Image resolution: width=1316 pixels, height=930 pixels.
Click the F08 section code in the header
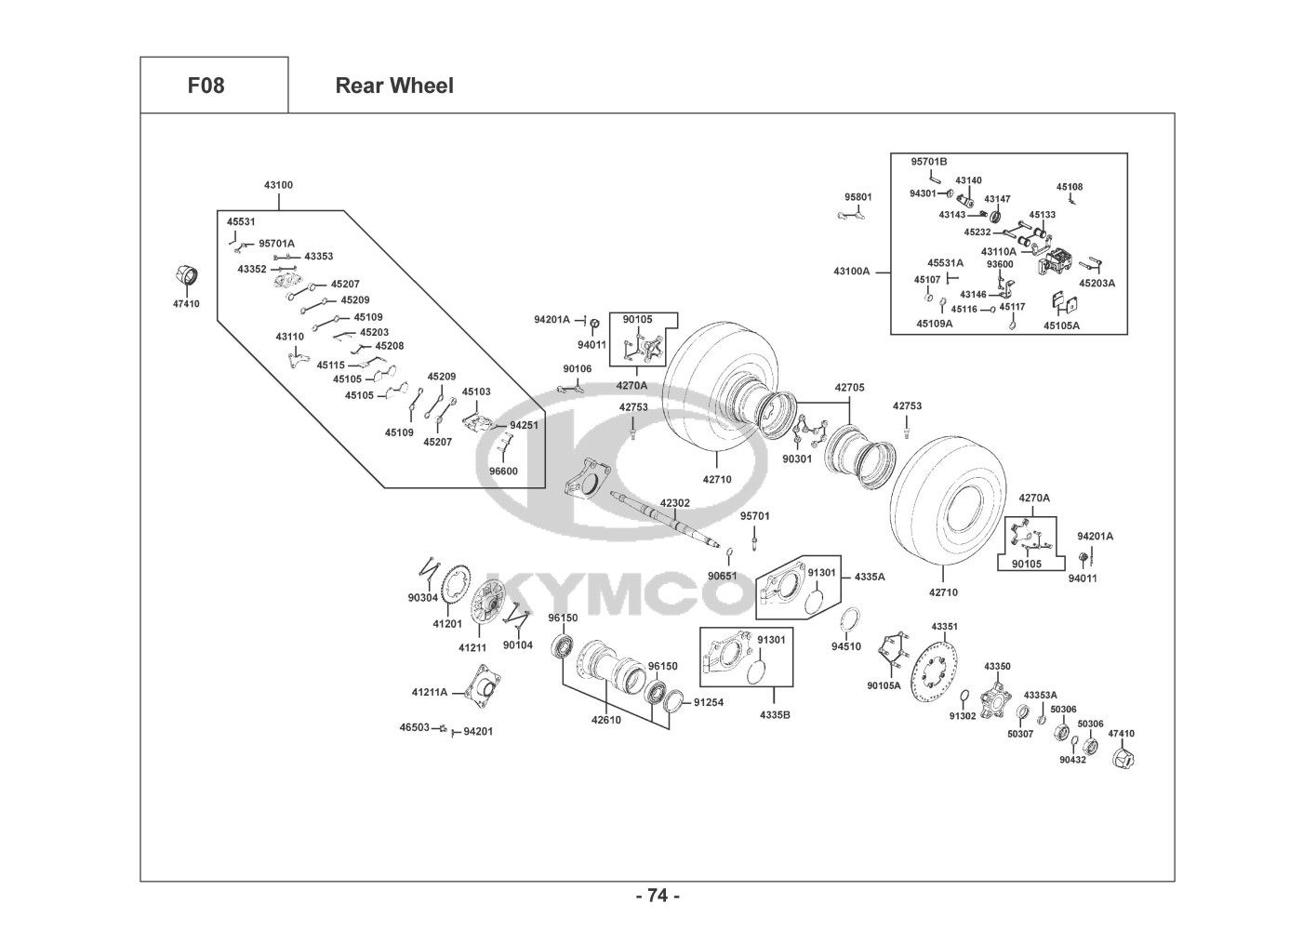point(206,86)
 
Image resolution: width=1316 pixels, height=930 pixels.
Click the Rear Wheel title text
point(394,86)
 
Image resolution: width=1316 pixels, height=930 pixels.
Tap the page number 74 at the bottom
point(658,896)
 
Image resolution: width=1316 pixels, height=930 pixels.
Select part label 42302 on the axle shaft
point(674,502)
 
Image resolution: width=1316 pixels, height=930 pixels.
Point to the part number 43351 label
point(944,626)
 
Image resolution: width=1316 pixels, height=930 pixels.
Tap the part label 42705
point(849,388)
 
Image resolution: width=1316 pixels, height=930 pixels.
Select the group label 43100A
point(851,272)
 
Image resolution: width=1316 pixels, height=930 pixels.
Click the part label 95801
point(857,197)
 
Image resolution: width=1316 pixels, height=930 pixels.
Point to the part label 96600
point(503,472)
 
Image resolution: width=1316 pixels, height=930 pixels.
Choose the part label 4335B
point(775,714)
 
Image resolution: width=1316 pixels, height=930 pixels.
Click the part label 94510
point(845,646)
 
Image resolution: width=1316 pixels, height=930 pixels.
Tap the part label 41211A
point(430,692)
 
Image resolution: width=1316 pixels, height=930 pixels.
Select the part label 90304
point(422,598)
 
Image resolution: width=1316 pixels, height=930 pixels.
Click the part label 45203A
point(1097,283)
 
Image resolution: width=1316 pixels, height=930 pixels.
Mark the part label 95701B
point(928,161)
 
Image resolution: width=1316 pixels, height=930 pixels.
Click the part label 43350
point(997,666)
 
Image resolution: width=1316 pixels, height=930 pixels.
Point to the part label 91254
point(708,702)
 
